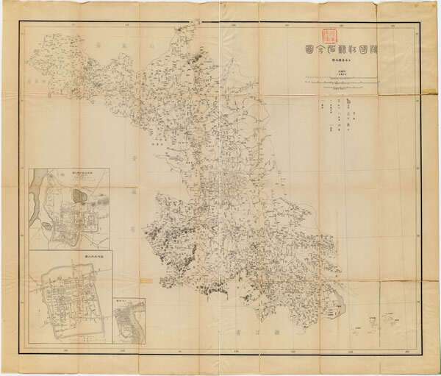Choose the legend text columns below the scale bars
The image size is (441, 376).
pyautogui.click(x=338, y=114)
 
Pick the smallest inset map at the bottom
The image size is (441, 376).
pyautogui.click(x=128, y=320)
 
